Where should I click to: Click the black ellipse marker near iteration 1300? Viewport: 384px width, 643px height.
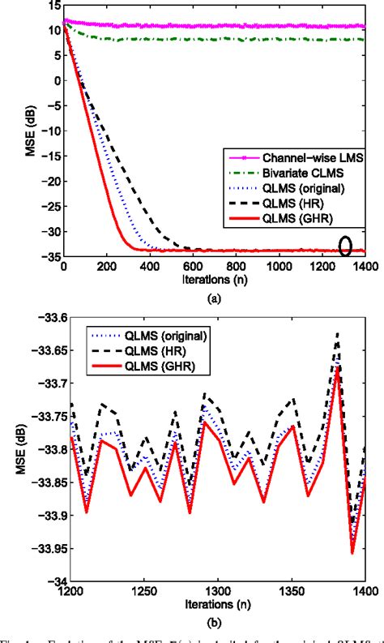pos(346,245)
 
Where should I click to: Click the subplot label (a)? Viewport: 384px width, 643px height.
pos(214,298)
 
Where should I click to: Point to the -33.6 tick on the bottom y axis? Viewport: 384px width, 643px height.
pos(44,316)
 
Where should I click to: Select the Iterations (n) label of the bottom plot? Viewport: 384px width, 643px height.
pos(215,604)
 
